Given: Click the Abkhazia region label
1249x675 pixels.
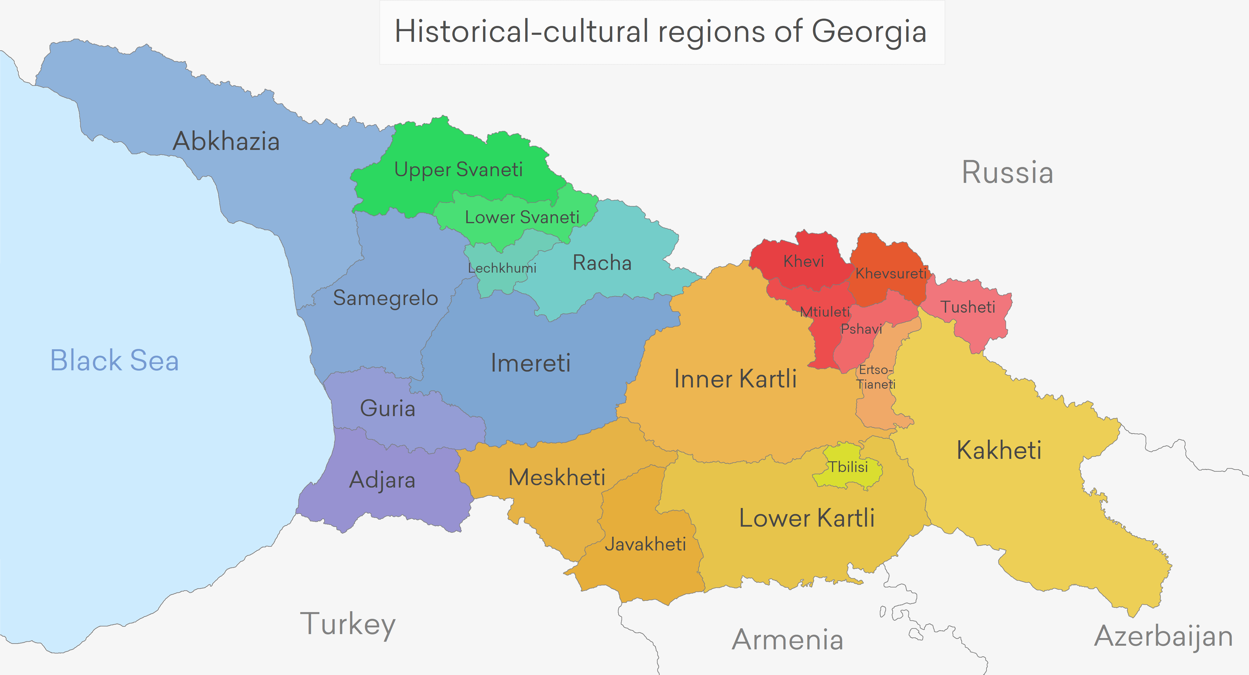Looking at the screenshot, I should tap(226, 141).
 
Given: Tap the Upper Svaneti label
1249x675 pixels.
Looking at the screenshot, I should tap(458, 170).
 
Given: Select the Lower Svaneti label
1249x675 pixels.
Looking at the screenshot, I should tap(522, 217).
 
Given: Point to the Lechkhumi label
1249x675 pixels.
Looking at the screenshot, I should tap(502, 268).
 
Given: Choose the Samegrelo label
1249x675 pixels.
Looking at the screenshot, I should tap(386, 298).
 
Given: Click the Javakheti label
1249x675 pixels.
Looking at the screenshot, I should tap(645, 544).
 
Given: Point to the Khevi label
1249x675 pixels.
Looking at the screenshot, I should tap(804, 262).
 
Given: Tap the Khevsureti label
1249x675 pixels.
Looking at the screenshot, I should tap(891, 273).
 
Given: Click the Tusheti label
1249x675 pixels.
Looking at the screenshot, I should tap(968, 307).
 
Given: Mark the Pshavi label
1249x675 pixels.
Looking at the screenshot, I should tap(861, 329).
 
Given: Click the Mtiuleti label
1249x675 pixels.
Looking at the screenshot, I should tap(824, 312).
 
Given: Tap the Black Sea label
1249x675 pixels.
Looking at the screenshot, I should tap(115, 361).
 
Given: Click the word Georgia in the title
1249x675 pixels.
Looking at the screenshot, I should tap(869, 32).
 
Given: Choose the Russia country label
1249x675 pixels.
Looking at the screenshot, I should tap(1008, 172).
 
